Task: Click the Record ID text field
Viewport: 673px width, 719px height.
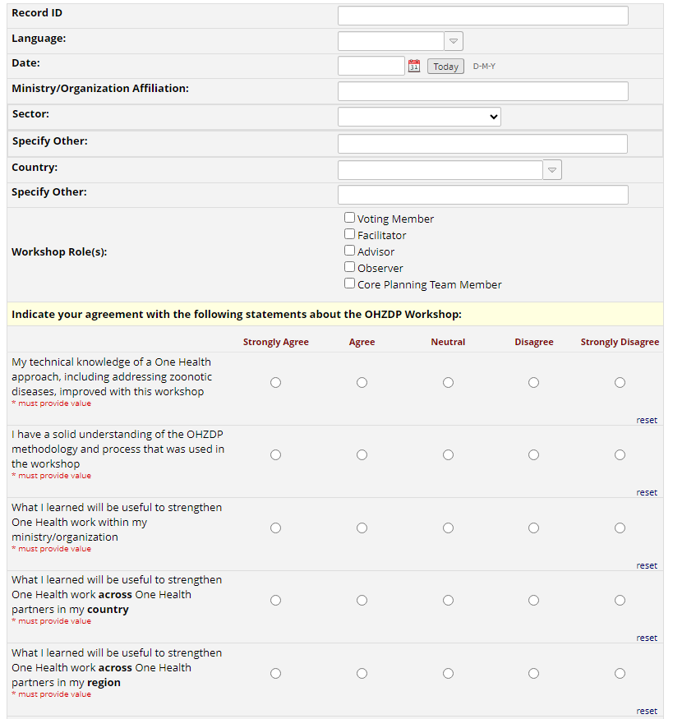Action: coord(482,16)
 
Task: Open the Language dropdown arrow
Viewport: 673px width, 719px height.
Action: coord(454,41)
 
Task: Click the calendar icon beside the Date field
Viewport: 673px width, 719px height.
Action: coord(414,66)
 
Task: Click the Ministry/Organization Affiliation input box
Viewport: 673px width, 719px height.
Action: coord(482,91)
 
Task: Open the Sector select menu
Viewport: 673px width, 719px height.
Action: coord(419,117)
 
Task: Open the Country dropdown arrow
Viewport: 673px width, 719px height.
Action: coord(552,170)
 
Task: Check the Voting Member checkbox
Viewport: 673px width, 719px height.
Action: coord(350,218)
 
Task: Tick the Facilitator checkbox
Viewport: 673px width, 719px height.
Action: coord(350,234)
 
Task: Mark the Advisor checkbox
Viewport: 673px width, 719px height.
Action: coord(350,251)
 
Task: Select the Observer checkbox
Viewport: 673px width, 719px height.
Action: coord(350,267)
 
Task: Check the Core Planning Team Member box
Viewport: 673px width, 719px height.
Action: coord(350,283)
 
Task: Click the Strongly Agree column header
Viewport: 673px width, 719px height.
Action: coord(276,342)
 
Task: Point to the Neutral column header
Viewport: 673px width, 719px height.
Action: coord(448,342)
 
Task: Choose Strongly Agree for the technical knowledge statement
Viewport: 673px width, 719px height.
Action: coord(276,382)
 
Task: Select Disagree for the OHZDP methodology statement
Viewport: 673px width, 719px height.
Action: coord(534,454)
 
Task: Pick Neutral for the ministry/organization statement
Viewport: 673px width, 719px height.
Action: coord(448,528)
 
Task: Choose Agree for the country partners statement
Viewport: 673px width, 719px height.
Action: coord(362,600)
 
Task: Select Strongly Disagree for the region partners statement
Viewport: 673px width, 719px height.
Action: coord(620,673)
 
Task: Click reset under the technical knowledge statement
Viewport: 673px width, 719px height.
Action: coord(647,420)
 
